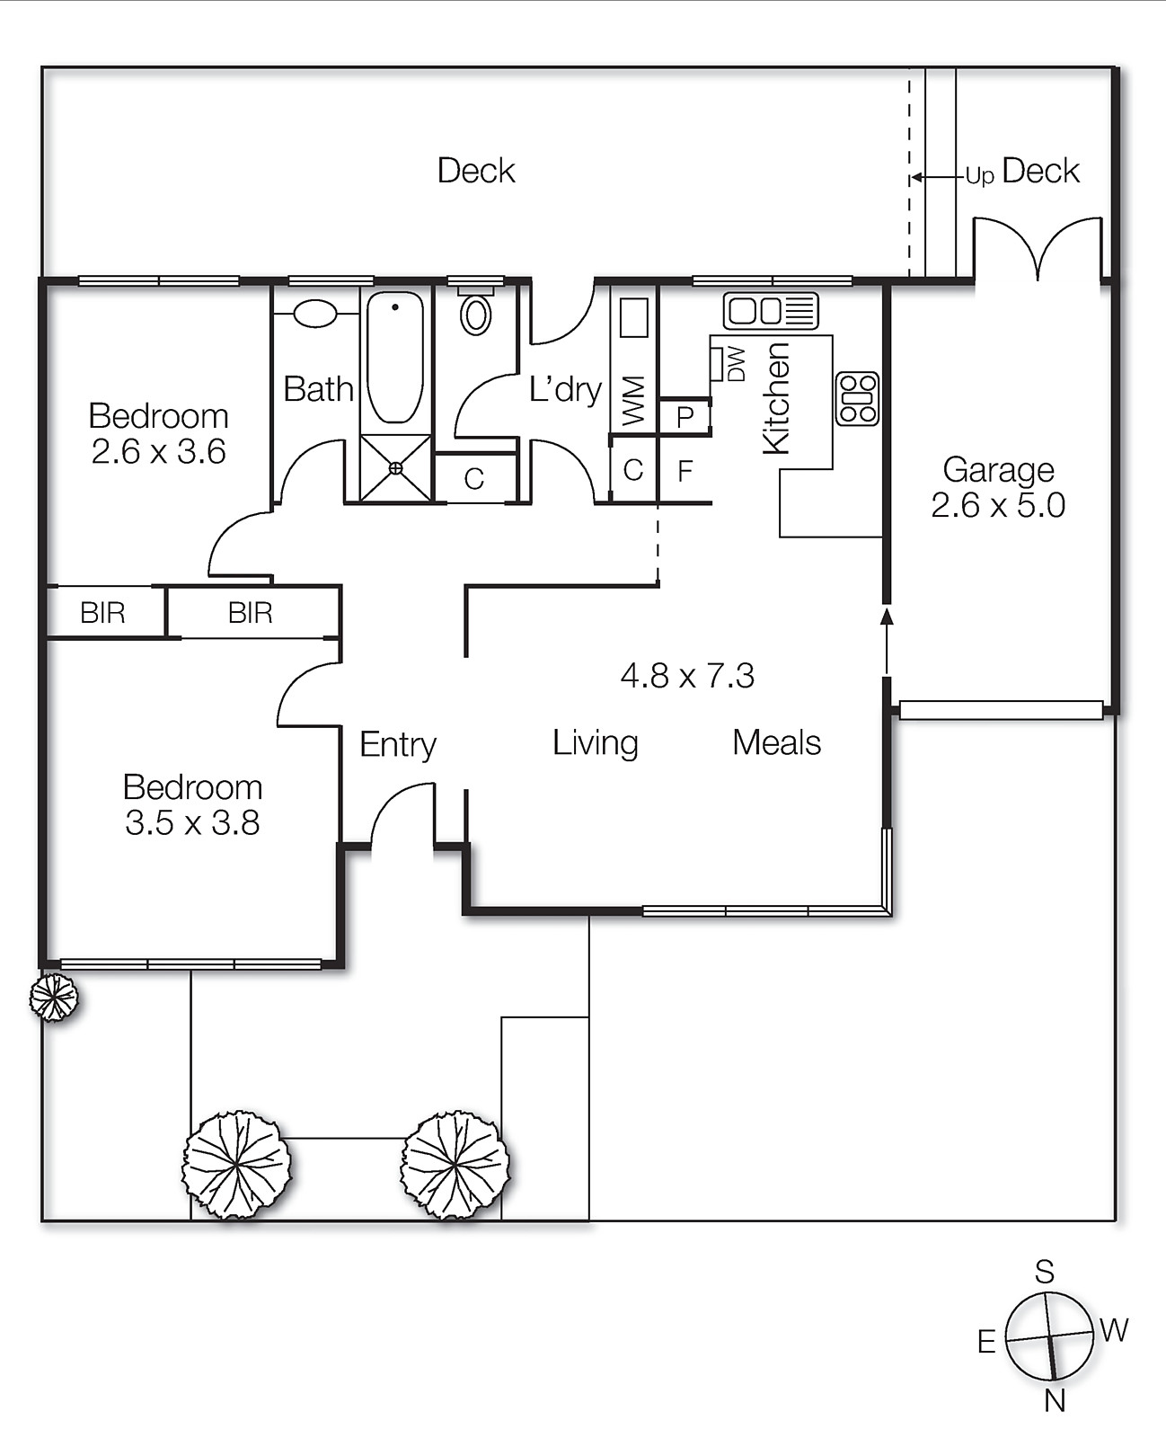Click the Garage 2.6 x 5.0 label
tap(998, 487)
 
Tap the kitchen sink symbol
tap(771, 311)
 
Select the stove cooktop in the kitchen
tap(857, 398)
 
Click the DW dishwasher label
tap(736, 364)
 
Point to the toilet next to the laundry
tap(475, 314)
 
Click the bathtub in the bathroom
tap(395, 357)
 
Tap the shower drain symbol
tap(396, 467)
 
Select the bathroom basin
tap(314, 314)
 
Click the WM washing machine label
tap(633, 401)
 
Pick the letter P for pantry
tap(685, 418)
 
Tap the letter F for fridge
tap(685, 471)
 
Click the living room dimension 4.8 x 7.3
tap(687, 675)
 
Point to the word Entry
tap(398, 744)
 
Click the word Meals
tap(776, 742)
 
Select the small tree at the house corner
tap(54, 997)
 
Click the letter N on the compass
tap(1055, 1400)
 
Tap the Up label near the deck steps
tap(979, 176)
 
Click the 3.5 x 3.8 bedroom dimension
tap(192, 822)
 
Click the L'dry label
tap(565, 389)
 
